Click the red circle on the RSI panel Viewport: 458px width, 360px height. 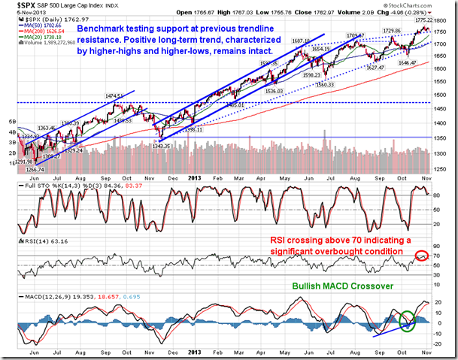pos(421,256)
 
